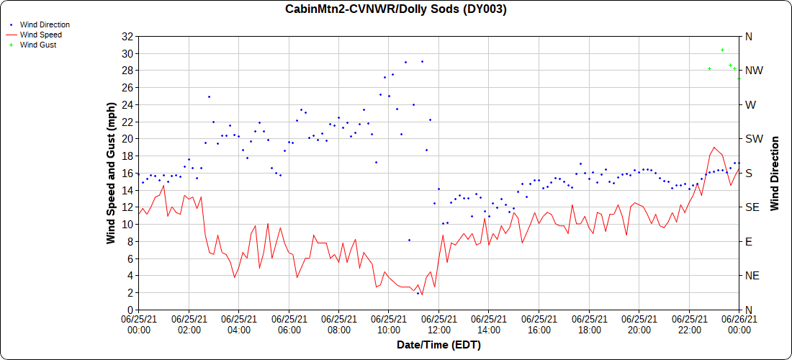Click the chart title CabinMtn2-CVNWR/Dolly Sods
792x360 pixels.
pyautogui.click(x=396, y=9)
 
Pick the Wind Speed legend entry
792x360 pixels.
pyautogui.click(x=40, y=35)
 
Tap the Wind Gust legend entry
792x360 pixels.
pyautogui.click(x=38, y=45)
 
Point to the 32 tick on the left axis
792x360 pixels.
pyautogui.click(x=128, y=37)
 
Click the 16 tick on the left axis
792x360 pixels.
pyautogui.click(x=128, y=173)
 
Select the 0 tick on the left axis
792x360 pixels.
pyautogui.click(x=130, y=310)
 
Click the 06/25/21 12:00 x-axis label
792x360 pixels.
pyautogui.click(x=438, y=324)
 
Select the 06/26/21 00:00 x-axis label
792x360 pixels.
pyautogui.click(x=739, y=324)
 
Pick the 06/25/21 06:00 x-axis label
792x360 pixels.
pyautogui.click(x=289, y=324)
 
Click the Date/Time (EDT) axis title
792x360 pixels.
pyautogui.click(x=438, y=345)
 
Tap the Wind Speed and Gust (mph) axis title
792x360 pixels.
pyautogui.click(x=111, y=173)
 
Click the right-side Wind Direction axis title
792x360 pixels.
pyautogui.click(x=775, y=173)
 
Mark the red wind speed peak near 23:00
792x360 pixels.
pyautogui.click(x=714, y=147)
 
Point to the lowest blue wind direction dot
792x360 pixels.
pyautogui.click(x=418, y=293)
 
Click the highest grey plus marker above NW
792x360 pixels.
pyautogui.click(x=722, y=50)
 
